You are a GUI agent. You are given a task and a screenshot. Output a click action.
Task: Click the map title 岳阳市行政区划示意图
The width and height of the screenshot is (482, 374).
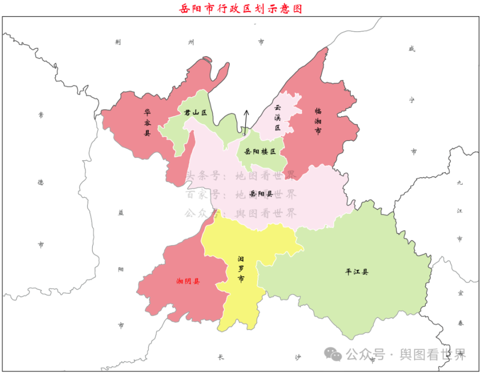(240, 9)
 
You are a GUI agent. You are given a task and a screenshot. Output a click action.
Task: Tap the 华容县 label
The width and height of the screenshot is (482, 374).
(148, 122)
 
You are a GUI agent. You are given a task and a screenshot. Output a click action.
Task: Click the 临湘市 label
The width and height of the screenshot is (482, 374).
(318, 121)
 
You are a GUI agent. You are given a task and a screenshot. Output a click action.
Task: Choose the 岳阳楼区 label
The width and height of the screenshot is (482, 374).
(260, 152)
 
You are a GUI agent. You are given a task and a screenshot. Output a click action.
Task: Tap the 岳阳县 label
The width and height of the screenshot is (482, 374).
(261, 193)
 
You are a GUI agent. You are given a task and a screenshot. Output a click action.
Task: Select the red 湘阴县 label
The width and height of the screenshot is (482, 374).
(188, 281)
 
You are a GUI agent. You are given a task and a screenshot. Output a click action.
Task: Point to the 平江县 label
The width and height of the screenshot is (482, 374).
(357, 272)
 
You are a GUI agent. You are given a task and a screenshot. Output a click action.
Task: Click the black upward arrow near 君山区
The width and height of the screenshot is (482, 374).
(246, 120)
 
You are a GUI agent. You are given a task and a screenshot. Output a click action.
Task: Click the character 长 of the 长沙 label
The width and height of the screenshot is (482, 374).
(221, 357)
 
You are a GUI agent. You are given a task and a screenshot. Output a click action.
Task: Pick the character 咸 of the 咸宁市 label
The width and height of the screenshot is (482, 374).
(412, 49)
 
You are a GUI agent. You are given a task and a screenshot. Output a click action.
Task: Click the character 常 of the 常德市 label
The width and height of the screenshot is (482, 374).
(41, 115)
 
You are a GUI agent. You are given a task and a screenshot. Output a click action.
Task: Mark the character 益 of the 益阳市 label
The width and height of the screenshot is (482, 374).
(120, 212)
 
